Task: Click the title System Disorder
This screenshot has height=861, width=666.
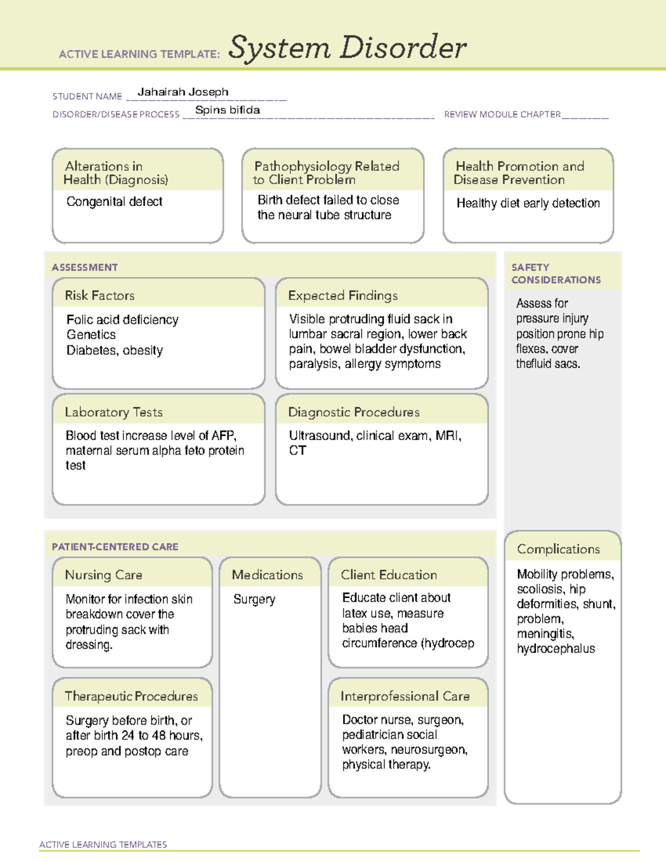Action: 347,48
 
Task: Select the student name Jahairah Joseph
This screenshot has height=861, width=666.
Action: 183,92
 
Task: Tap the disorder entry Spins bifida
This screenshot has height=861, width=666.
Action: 228,110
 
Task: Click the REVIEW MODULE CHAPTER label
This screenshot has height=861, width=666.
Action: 502,115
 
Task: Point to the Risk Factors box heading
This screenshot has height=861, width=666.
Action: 100,296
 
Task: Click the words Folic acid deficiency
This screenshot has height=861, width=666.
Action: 122,320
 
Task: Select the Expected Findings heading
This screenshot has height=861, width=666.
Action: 342,296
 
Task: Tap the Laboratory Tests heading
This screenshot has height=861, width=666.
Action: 114,412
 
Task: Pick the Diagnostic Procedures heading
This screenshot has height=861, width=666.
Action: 354,412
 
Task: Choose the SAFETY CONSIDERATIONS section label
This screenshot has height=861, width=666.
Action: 556,273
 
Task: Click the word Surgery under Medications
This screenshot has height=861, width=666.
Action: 254,599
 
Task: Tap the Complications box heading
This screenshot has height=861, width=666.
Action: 558,549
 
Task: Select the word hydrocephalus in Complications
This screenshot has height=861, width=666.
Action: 556,649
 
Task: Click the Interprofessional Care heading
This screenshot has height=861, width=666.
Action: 405,696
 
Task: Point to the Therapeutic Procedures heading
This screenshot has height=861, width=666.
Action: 131,696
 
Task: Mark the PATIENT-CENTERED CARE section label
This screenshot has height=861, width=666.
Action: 115,547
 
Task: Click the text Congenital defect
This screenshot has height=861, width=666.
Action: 114,202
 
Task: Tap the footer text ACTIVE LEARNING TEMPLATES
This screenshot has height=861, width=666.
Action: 103,844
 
